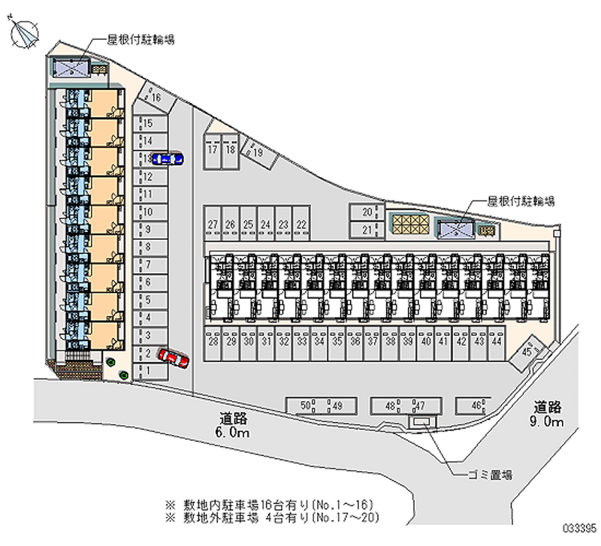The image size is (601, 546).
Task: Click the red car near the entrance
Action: tap(174, 359)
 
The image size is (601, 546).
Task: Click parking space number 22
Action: tap(301, 225)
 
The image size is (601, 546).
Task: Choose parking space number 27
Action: tap(213, 225)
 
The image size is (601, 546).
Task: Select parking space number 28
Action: tap(214, 341)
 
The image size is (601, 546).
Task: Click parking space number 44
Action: tap(497, 341)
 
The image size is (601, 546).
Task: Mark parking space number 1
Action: tap(149, 370)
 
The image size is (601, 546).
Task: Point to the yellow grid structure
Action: tap(409, 224)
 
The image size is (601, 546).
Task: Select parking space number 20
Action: tap(367, 213)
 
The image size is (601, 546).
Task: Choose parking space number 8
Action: tap(149, 246)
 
